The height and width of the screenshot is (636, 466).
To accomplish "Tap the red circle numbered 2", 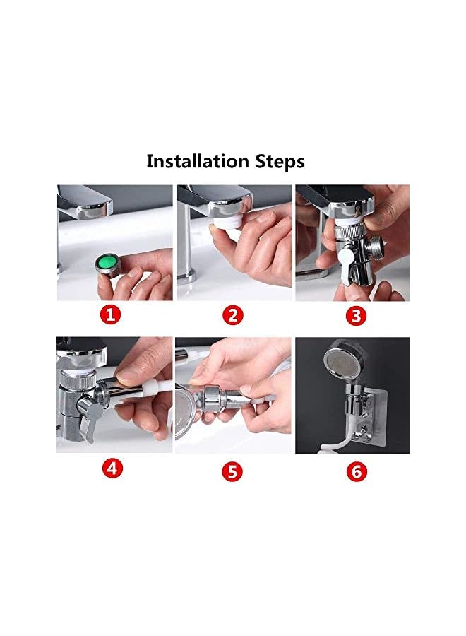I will [233, 315].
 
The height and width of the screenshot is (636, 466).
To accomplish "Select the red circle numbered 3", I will [357, 315].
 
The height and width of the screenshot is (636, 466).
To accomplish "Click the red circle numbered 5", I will [233, 471].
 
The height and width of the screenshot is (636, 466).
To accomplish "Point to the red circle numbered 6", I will [357, 471].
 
